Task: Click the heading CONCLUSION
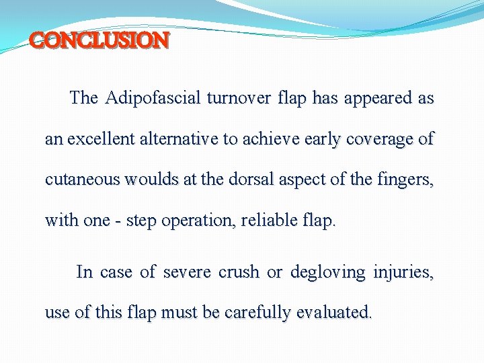coord(99,41)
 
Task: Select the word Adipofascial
coord(153,98)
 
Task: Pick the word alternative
coord(180,139)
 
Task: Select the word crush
coord(239,272)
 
